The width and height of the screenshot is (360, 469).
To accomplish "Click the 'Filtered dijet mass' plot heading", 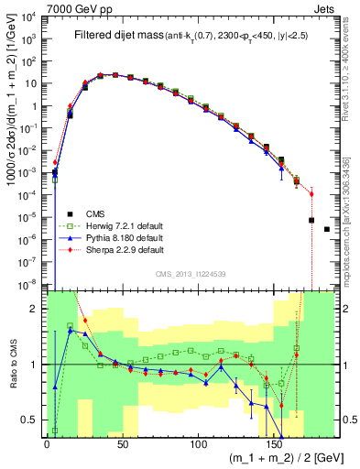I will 115,36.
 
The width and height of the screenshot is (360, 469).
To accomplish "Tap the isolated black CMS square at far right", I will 327,229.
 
